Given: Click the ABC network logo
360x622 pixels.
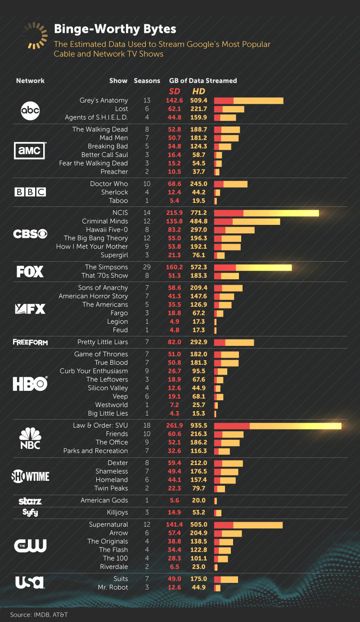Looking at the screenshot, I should pos(31,110).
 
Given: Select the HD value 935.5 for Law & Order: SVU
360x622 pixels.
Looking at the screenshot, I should pos(198,425).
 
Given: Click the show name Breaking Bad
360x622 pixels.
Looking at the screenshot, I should pos(108,146).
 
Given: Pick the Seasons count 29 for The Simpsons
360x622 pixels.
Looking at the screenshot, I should pos(147,267).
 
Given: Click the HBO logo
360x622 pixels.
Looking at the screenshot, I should pos(30,384).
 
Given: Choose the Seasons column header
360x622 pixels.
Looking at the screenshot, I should pos(147,81).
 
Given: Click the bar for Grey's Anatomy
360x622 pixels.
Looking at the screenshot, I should pos(248,101).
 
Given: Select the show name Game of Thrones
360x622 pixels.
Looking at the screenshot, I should pos(101,354).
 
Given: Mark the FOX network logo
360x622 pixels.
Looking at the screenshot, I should pos(30,272).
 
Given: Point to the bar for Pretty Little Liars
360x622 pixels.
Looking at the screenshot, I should pos(234,342).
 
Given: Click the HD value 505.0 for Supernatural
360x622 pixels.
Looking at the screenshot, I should pos(198,524).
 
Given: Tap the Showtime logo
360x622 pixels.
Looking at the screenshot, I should pos(30,476).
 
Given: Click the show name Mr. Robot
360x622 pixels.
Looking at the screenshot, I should pos(112,587).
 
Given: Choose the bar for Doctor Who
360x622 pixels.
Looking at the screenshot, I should pos(230,184).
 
